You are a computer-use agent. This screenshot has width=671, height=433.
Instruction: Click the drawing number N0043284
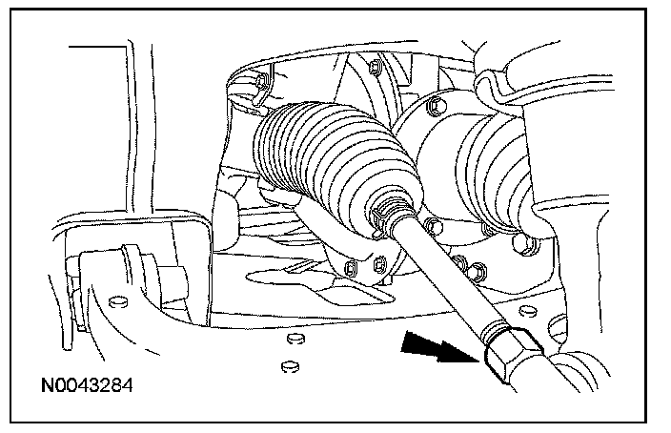[x=87, y=385]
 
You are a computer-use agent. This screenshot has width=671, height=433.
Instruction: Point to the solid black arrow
[x=440, y=347]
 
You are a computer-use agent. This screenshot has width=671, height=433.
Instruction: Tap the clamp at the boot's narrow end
[x=387, y=215]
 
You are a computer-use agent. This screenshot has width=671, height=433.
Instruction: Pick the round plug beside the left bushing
[x=118, y=301]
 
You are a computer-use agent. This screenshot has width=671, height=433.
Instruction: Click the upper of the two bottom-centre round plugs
[x=295, y=339]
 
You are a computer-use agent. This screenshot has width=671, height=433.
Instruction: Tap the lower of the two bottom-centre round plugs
[x=291, y=366]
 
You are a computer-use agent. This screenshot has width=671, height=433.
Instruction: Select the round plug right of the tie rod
[x=528, y=310]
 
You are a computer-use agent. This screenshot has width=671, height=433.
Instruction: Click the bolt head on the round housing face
[x=437, y=105]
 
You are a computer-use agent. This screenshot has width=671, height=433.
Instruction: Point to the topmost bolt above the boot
[x=376, y=67]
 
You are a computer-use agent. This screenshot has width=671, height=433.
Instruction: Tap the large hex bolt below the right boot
[x=524, y=243]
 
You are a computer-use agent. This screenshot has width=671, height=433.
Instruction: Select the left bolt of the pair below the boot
[x=351, y=269]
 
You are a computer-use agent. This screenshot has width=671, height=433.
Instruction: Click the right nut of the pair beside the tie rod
[x=476, y=272]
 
